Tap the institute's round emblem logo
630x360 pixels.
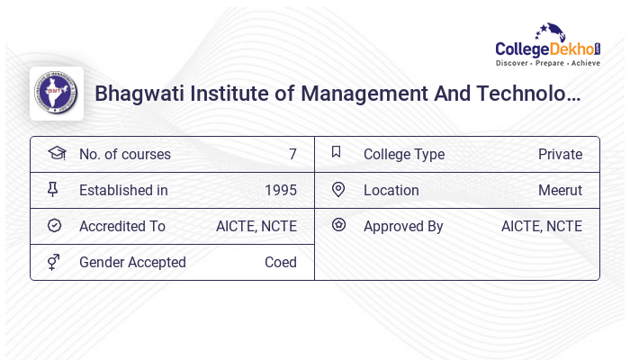(57, 94)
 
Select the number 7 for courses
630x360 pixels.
(292, 154)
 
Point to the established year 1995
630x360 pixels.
(281, 190)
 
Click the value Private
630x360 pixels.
(560, 154)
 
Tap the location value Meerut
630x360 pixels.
(560, 190)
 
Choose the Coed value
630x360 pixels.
(281, 262)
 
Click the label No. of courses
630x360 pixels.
(124, 154)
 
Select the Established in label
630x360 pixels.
(123, 190)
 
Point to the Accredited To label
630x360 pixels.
(122, 226)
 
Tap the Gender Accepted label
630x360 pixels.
(132, 262)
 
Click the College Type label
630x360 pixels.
(404, 154)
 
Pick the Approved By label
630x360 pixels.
(403, 226)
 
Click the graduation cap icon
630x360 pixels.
(56, 153)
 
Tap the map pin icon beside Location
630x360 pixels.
(338, 189)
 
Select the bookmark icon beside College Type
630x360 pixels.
(337, 152)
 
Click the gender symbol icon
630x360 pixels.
(54, 262)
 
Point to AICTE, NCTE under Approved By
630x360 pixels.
(542, 226)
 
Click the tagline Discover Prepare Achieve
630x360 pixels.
(547, 64)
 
